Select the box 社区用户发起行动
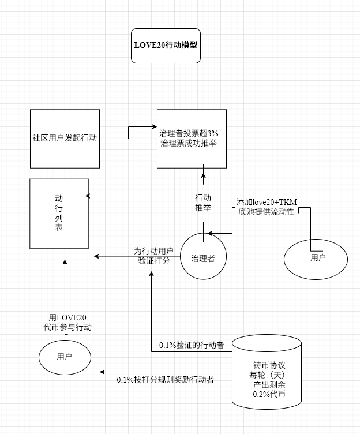coord(65,139)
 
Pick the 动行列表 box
coord(59,214)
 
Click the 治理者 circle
coord(203,258)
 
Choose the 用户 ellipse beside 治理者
coord(316,257)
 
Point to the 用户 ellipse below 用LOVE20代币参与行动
coord(65,357)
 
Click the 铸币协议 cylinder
coord(267,379)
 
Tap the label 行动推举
coord(203,203)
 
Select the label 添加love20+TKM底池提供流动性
coord(266,207)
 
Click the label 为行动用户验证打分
coord(153,256)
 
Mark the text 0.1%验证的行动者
coord(192,346)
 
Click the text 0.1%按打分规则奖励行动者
coord(166,380)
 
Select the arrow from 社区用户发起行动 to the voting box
coord(127,132)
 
